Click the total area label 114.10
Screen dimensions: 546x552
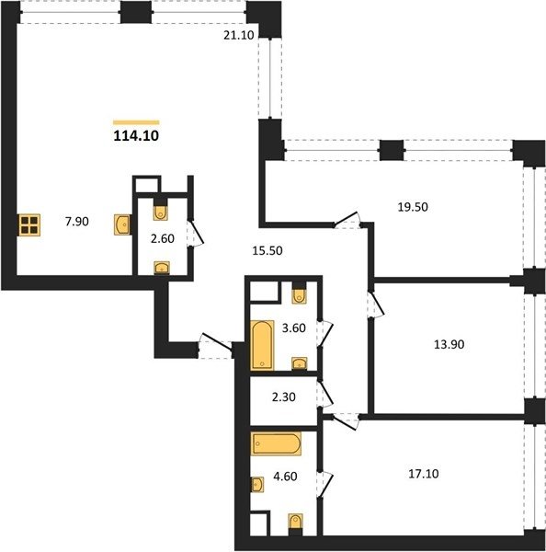click(x=136, y=135)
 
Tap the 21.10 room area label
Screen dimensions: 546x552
click(x=238, y=35)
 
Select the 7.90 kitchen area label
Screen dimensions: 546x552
click(x=77, y=222)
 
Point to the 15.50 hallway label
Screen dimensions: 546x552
click(x=267, y=250)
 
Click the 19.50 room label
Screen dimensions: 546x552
click(x=413, y=207)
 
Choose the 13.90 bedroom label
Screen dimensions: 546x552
click(x=449, y=344)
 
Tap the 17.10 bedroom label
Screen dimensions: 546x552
click(x=424, y=474)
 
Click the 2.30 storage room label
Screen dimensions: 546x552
click(x=283, y=397)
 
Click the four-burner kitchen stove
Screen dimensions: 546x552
click(x=29, y=225)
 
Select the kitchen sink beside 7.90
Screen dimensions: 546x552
click(x=122, y=225)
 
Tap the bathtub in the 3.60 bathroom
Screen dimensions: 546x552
click(x=262, y=345)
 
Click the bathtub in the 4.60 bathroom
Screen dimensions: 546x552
click(x=276, y=443)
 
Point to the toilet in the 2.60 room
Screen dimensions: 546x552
click(x=161, y=211)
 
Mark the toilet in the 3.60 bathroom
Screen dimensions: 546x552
click(x=299, y=293)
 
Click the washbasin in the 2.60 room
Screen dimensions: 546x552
click(x=162, y=268)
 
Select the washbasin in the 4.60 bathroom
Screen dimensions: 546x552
click(x=257, y=485)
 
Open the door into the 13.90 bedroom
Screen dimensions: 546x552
click(x=375, y=305)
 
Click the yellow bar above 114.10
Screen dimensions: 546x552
click(x=136, y=122)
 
